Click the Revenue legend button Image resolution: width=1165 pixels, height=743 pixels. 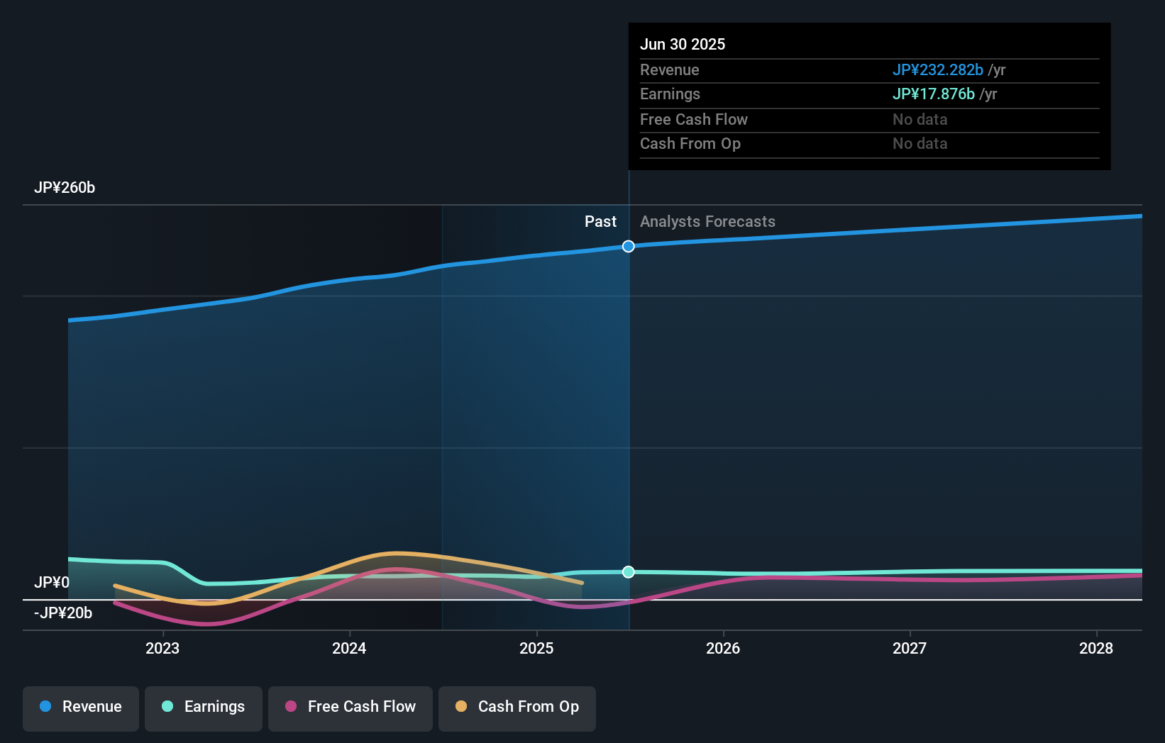coord(81,707)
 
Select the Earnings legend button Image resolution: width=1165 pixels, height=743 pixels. coord(204,707)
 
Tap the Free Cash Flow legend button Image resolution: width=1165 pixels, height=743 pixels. coord(350,707)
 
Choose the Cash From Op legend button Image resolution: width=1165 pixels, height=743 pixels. coord(517,707)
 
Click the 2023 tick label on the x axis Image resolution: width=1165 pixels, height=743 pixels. coord(162,648)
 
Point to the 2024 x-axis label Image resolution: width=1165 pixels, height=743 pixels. coord(349,648)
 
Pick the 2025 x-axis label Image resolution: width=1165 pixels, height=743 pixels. coord(536,648)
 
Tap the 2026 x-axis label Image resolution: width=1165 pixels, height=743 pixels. coord(723,648)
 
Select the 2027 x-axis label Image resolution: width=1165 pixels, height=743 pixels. coord(910,648)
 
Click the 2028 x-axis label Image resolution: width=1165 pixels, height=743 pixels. coord(1096,648)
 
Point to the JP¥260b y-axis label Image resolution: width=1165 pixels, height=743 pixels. coord(65,188)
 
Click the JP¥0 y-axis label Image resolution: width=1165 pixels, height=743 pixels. coord(52,583)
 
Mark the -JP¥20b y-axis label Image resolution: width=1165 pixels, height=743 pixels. coord(63,613)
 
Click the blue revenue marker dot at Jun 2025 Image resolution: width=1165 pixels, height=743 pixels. coord(629,247)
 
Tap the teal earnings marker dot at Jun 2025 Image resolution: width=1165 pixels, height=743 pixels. coord(629,572)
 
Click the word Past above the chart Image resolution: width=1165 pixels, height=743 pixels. coord(600,222)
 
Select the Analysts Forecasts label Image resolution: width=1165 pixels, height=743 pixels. coord(707,222)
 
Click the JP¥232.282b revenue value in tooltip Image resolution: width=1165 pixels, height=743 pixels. coord(937,70)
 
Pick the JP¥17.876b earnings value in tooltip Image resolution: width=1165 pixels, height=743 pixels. coord(933,94)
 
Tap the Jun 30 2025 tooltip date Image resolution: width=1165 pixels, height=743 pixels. coord(683,45)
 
